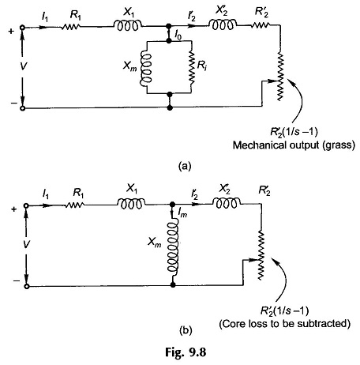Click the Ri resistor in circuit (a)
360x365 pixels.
point(192,68)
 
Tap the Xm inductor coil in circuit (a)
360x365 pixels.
point(146,68)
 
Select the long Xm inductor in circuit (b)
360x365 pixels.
point(173,247)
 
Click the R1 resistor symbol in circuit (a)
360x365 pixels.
point(71,26)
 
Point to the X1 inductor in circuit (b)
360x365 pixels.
point(131,204)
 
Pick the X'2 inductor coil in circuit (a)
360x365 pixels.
point(223,24)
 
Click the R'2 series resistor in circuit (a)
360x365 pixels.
point(261,25)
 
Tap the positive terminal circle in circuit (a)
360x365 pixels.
point(23,28)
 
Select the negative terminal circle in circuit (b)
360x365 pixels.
point(26,287)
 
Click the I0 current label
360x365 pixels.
point(178,36)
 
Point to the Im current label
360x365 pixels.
point(182,213)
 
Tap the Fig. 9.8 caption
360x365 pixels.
point(186,352)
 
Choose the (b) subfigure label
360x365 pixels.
point(186,329)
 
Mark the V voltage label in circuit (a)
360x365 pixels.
point(23,66)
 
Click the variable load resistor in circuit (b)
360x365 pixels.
point(261,255)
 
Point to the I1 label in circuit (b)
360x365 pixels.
point(46,195)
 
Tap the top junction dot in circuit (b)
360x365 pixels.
point(173,205)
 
